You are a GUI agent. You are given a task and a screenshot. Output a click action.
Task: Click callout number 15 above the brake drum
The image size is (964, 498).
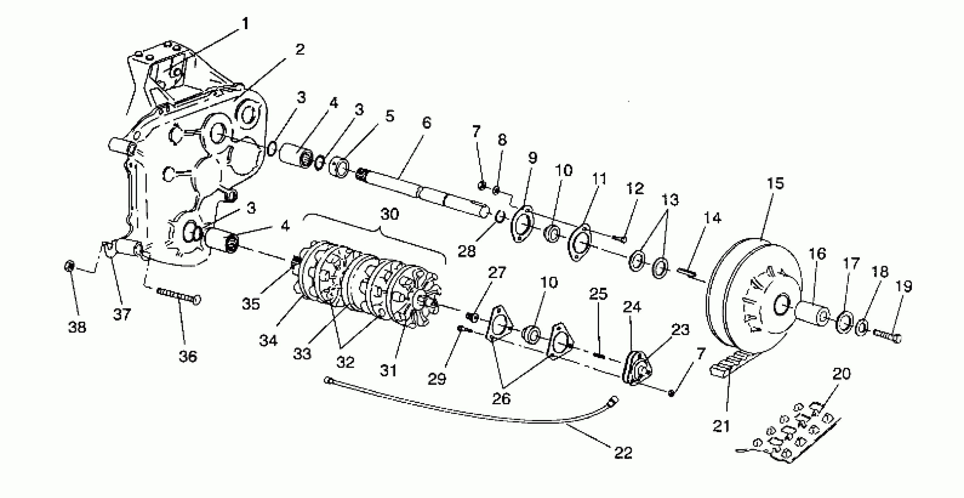pos(775,184)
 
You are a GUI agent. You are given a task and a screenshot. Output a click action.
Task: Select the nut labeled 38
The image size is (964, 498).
pos(69,266)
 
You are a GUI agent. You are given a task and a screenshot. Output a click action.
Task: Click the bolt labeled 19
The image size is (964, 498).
pos(887,334)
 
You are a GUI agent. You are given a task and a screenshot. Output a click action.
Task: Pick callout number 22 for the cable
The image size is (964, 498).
pos(623,453)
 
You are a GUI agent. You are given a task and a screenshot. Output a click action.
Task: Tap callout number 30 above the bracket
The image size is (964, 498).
pos(390,214)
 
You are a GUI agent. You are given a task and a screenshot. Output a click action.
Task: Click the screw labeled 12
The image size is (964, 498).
pos(620,237)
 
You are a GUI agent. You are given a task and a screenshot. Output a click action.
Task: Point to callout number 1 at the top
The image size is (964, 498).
pos(245,24)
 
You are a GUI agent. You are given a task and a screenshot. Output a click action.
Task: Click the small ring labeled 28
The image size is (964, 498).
pos(501,216)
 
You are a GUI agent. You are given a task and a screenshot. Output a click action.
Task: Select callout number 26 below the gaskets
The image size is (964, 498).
pos(501,399)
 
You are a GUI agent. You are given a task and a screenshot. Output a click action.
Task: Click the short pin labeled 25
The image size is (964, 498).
pos(599,354)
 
